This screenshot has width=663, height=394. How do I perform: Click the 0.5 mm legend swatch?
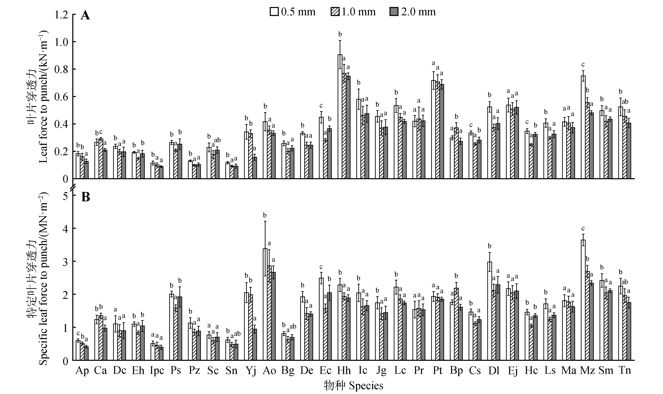[274, 12]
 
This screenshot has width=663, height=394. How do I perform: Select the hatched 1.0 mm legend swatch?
[335, 12]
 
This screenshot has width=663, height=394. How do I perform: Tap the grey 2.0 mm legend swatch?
[394, 12]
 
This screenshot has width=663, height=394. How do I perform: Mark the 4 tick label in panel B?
[65, 229]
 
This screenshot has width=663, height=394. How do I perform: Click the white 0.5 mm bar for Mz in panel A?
[583, 127]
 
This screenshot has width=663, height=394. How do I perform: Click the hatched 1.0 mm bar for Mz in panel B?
[587, 316]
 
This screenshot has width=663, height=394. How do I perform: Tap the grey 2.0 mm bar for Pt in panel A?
[442, 131]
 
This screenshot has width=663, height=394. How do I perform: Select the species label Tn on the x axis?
[625, 370]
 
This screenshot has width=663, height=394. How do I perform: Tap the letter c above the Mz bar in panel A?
[583, 65]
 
